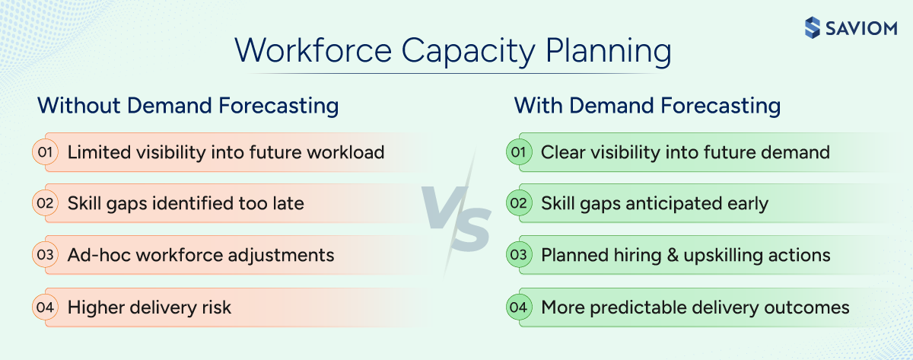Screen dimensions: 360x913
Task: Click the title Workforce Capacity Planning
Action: pyautogui.click(x=453, y=52)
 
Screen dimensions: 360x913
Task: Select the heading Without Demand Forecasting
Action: pyautogui.click(x=188, y=105)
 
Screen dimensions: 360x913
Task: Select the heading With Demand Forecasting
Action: pyautogui.click(x=647, y=105)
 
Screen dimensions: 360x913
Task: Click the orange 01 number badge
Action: pyautogui.click(x=44, y=152)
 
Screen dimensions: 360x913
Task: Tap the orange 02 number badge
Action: pyautogui.click(x=44, y=203)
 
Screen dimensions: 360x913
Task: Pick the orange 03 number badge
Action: pyautogui.click(x=44, y=255)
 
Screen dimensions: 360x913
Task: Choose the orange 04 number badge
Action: pyautogui.click(x=44, y=307)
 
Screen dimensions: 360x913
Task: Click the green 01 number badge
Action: pyautogui.click(x=518, y=152)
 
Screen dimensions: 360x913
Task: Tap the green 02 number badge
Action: pyautogui.click(x=518, y=203)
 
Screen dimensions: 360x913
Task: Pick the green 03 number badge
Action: pyautogui.click(x=518, y=255)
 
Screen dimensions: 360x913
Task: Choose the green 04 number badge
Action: pyautogui.click(x=518, y=307)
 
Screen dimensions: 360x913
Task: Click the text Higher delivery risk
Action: pyautogui.click(x=149, y=307)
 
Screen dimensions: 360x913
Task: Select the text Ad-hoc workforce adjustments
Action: pyautogui.click(x=201, y=255)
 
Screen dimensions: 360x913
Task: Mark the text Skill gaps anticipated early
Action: pyautogui.click(x=654, y=203)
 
